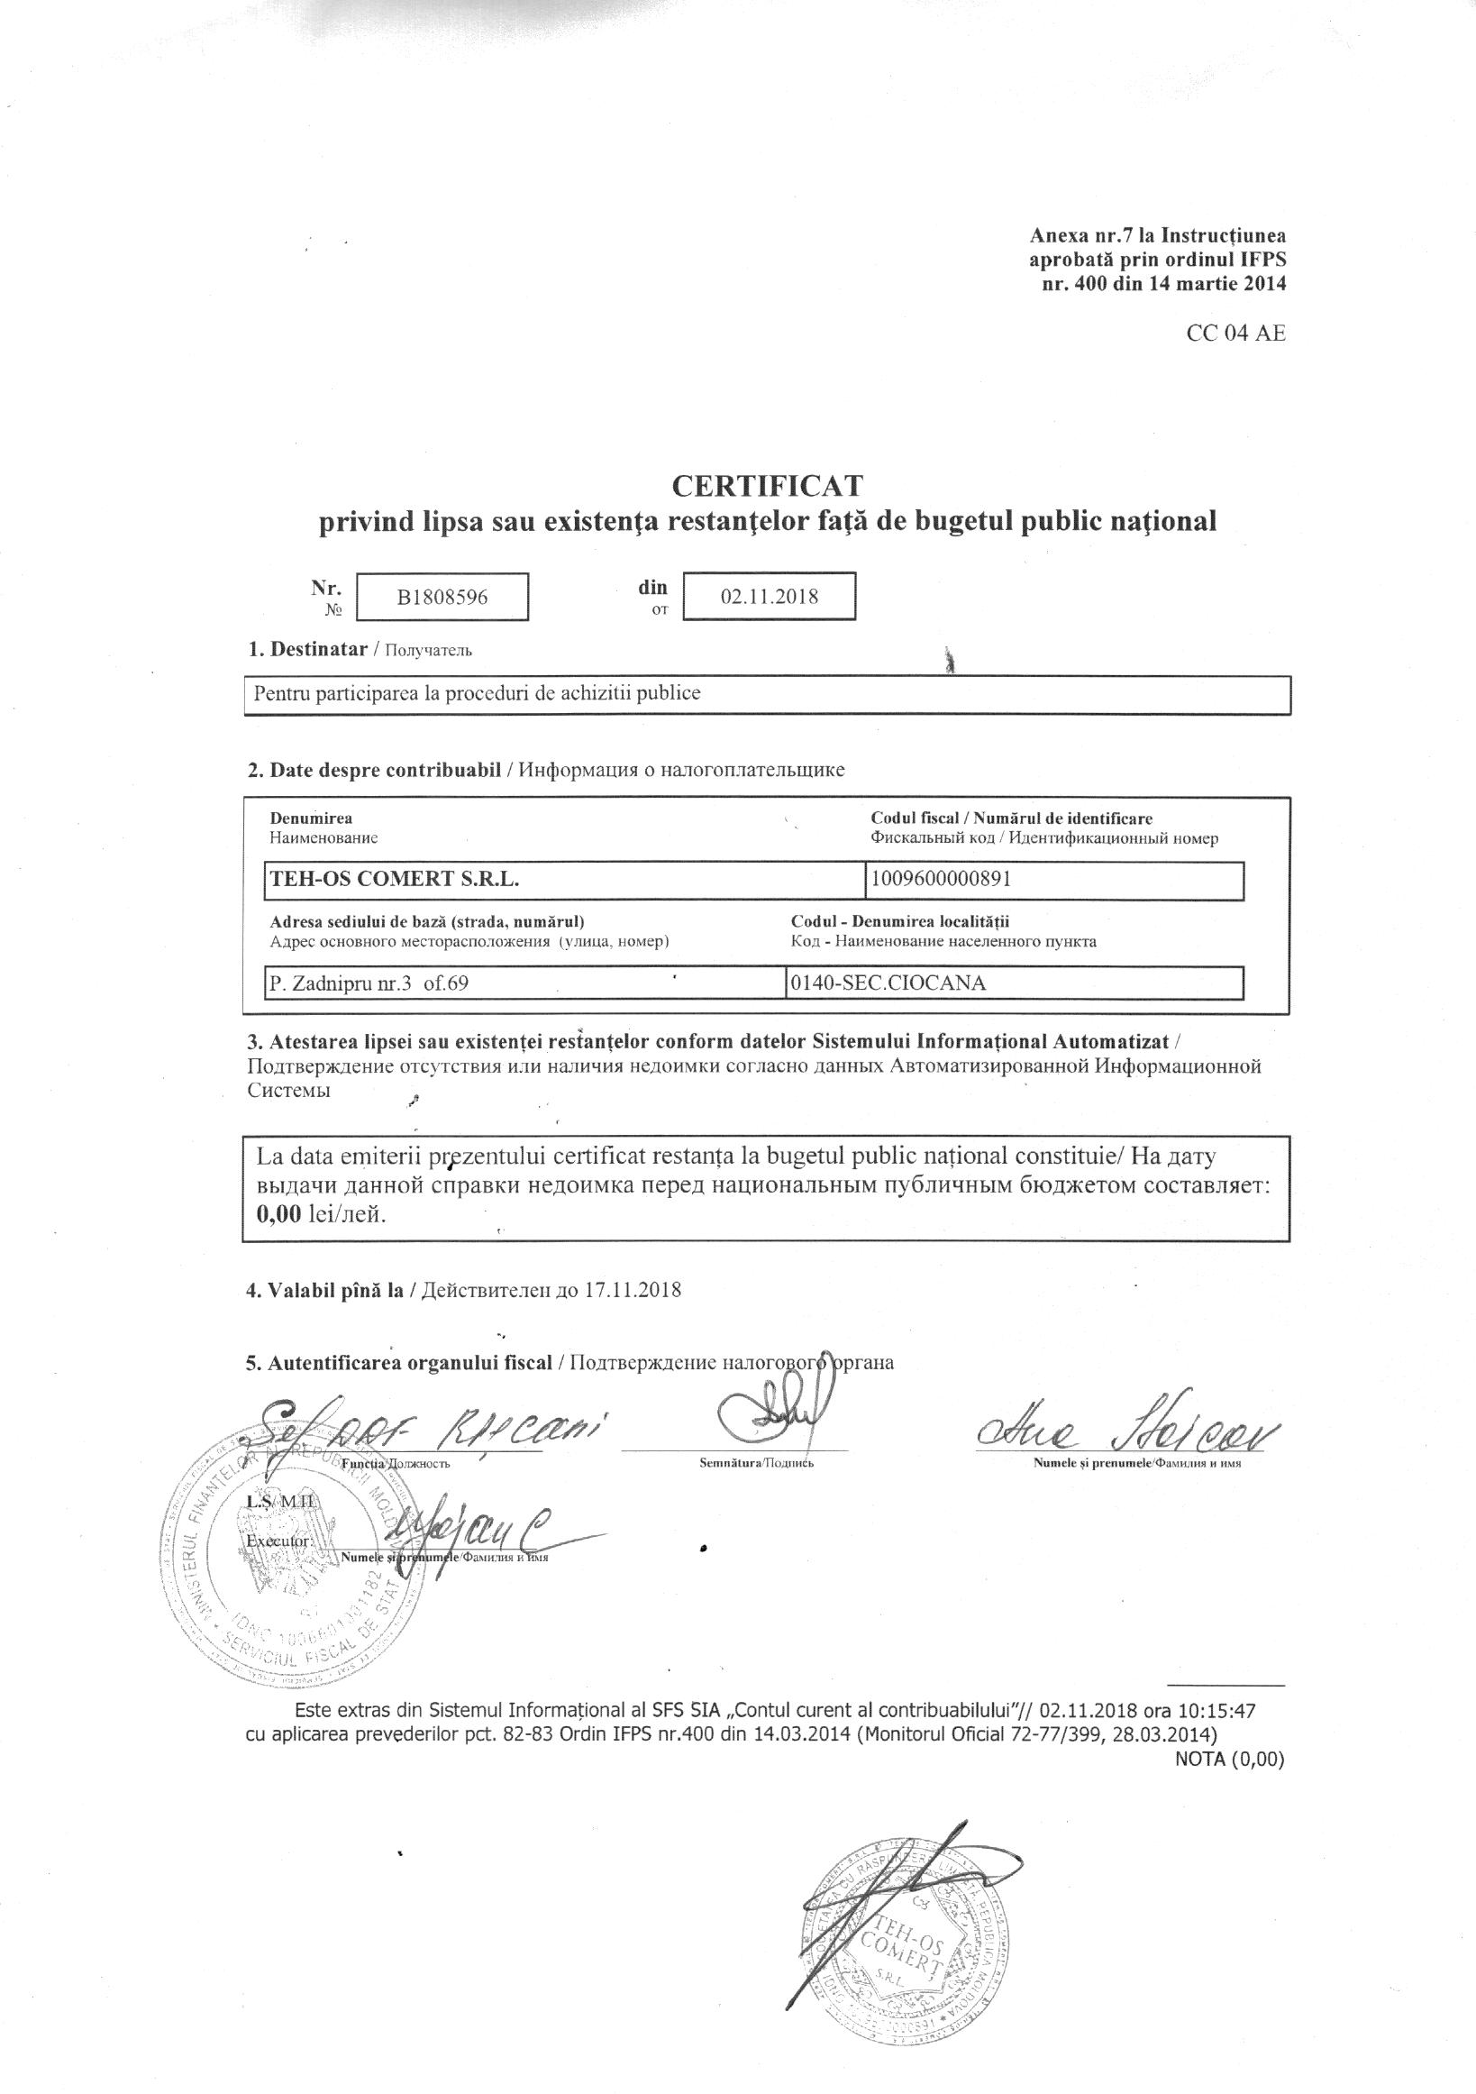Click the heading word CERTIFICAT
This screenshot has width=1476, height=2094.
767,484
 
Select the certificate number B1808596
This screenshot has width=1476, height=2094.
442,598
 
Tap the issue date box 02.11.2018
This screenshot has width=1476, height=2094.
770,598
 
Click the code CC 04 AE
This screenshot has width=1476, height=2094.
1235,333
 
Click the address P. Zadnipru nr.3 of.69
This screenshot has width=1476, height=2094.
369,983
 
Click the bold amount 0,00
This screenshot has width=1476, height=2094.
279,1215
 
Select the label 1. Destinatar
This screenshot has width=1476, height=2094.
306,649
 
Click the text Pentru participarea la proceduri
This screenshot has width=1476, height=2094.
477,693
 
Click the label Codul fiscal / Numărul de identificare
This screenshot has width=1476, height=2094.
1012,818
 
